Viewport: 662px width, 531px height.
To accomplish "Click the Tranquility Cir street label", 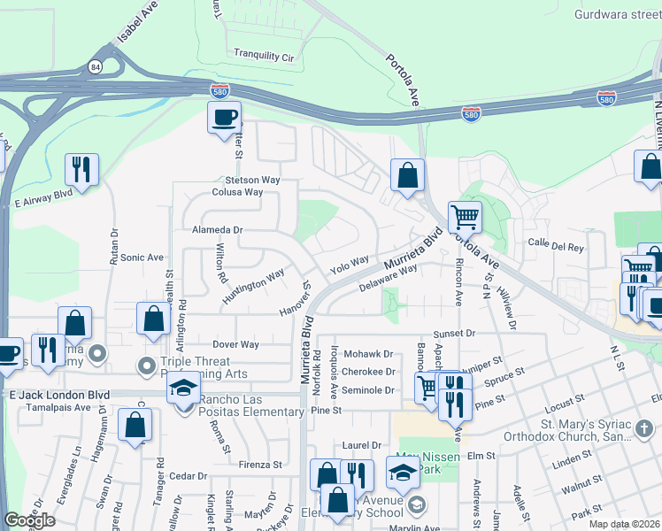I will [263, 56].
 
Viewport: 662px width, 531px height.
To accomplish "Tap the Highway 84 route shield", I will [95, 66].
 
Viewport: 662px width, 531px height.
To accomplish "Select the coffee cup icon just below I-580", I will [224, 116].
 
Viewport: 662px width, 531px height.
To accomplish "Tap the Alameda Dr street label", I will [217, 229].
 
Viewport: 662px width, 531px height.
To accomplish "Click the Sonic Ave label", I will [142, 258].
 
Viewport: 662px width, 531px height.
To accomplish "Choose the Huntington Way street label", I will [253, 286].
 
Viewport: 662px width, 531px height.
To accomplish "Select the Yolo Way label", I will [349, 264].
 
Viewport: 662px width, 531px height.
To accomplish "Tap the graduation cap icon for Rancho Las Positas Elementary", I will [184, 389].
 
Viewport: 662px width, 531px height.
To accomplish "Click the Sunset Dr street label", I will [454, 334].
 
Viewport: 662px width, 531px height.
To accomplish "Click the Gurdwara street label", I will [611, 14].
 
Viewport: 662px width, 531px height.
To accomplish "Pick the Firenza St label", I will [260, 463].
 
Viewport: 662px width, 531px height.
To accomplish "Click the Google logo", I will [29, 520].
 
